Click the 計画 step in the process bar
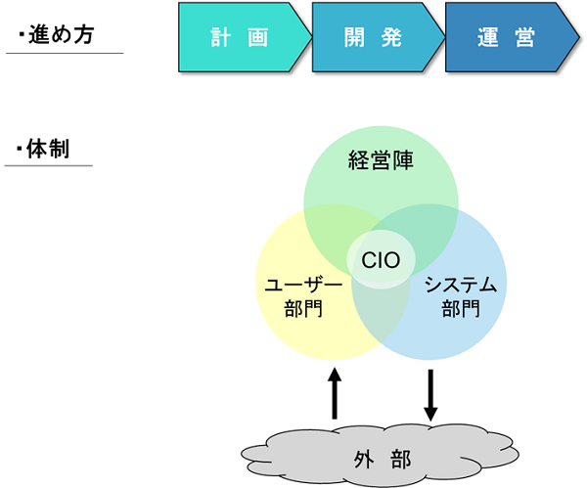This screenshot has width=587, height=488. [x=241, y=38]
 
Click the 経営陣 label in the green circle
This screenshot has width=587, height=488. [x=381, y=160]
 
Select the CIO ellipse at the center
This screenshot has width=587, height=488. [x=382, y=260]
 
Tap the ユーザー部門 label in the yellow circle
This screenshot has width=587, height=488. [x=303, y=297]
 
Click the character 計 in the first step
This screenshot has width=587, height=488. [x=221, y=38]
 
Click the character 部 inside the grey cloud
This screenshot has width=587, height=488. [x=399, y=458]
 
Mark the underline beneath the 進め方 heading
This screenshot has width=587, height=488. [x=64, y=53]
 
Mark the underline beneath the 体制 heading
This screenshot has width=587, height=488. [x=49, y=166]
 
